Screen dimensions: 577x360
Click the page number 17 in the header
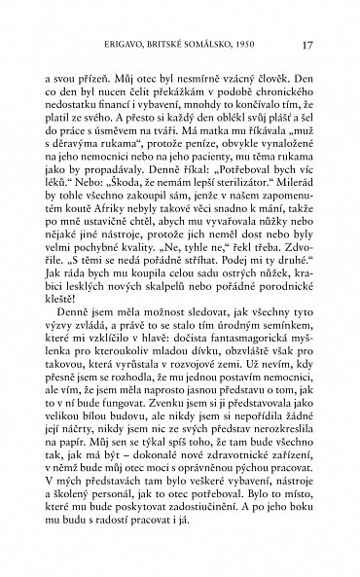(307, 44)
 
